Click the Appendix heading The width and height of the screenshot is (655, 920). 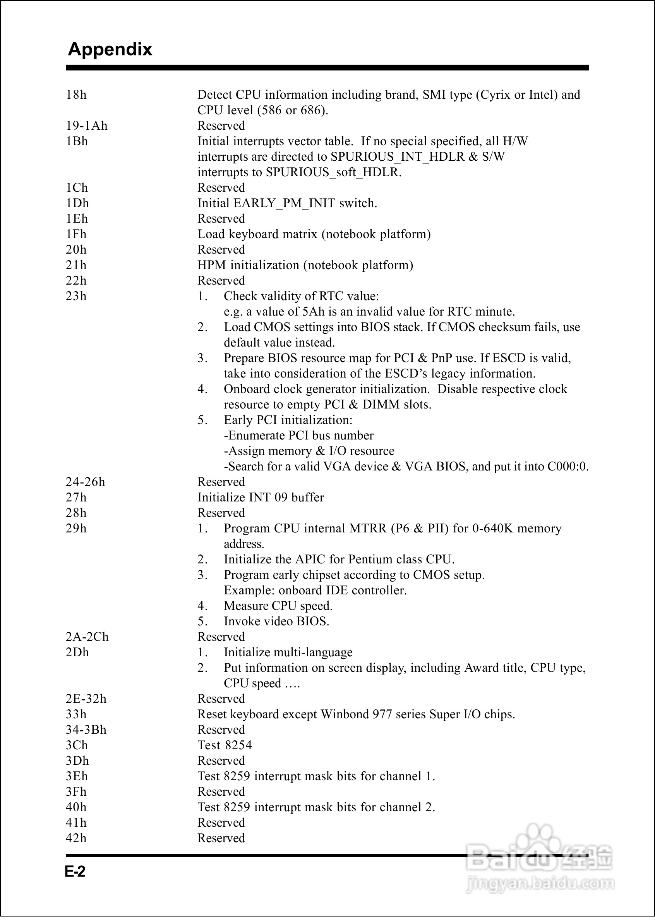[110, 49]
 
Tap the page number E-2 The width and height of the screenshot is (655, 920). [75, 872]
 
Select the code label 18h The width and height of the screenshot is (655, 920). [76, 95]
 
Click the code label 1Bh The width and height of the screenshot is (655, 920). [77, 141]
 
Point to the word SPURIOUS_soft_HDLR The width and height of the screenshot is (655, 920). [333, 172]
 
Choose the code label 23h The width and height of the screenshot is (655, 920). [76, 296]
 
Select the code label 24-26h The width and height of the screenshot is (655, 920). [85, 482]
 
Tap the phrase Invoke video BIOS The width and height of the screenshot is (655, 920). [276, 621]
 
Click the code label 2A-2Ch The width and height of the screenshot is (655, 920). [87, 637]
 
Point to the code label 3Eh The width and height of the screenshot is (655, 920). [77, 776]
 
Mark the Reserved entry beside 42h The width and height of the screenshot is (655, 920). [221, 838]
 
